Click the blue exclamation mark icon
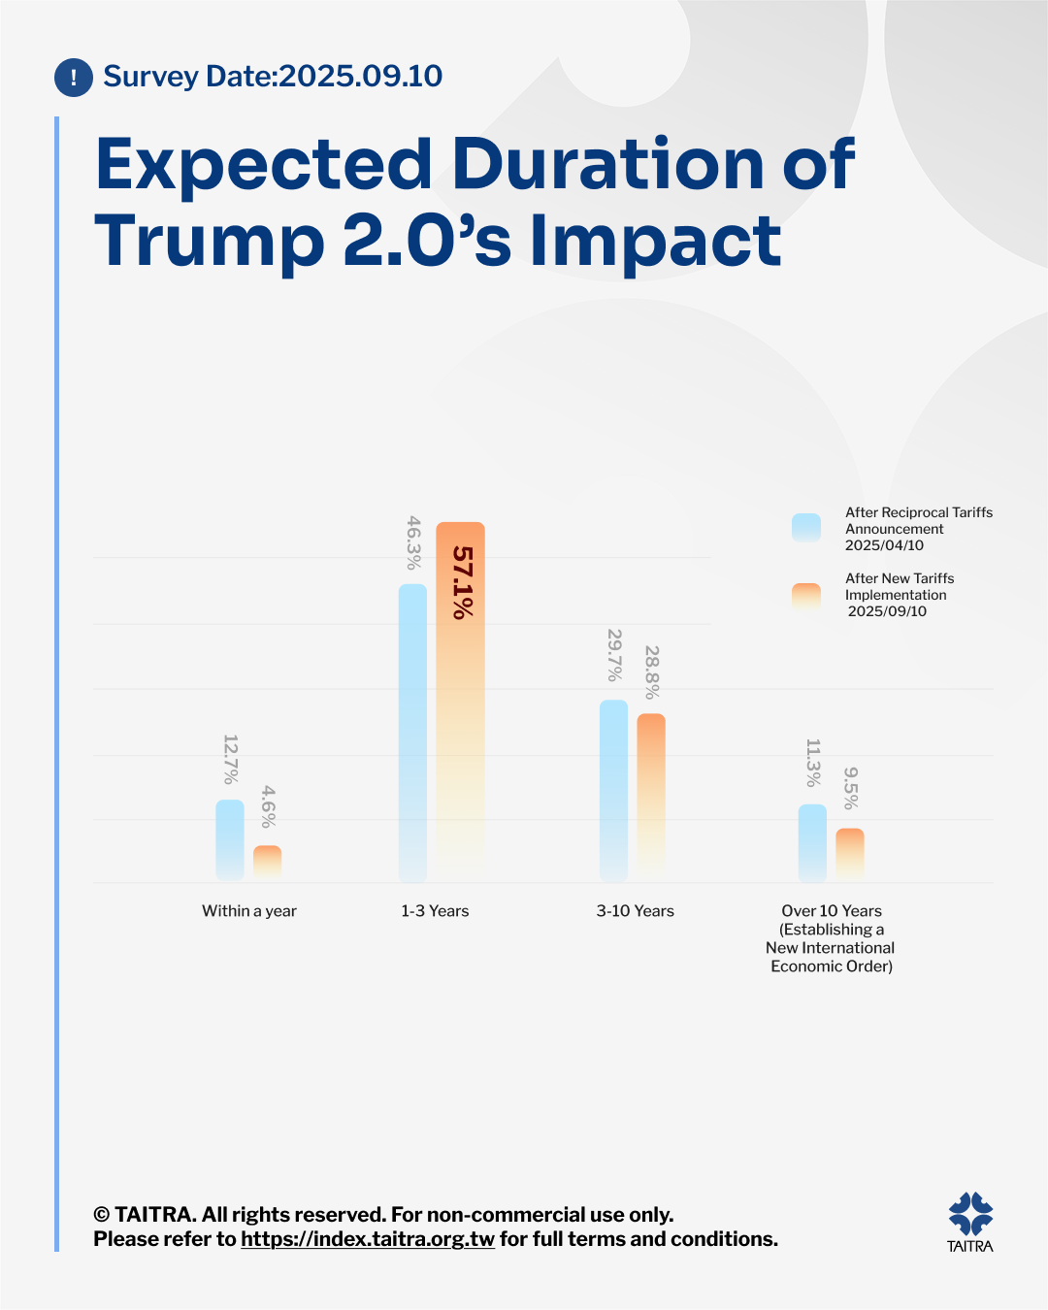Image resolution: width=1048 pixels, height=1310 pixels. tap(74, 78)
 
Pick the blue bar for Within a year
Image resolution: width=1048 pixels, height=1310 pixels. tap(230, 840)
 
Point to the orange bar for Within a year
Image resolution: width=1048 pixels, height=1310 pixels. tap(268, 863)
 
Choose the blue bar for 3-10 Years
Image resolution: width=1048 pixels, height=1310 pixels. tap(613, 790)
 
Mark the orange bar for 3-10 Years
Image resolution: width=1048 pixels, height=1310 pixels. tap(651, 797)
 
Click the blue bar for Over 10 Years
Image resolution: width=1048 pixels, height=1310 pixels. tap(812, 842)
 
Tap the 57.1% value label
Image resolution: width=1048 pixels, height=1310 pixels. tap(463, 582)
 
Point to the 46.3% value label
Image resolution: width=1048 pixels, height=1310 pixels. tap(413, 542)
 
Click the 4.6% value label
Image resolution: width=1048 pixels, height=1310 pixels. tap(268, 806)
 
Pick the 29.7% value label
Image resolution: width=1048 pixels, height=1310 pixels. tap(614, 655)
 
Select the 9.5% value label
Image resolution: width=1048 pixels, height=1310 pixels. tap(851, 788)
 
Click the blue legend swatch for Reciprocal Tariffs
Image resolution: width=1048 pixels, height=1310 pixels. tap(806, 527)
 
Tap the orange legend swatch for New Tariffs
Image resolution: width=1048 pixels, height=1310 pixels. tap(806, 596)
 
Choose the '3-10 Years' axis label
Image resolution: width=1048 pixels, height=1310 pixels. tap(635, 911)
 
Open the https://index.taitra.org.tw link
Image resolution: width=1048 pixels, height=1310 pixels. tap(368, 1239)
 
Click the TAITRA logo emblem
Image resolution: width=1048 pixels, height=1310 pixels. tap(970, 1213)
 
